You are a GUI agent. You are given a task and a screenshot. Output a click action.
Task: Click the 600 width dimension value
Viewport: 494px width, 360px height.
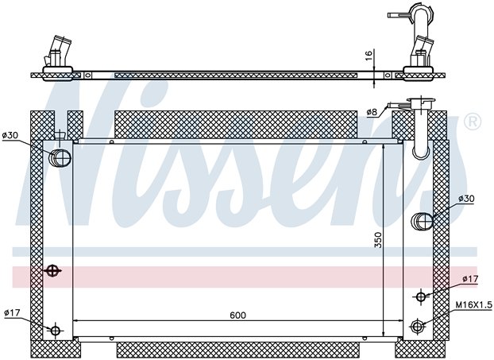(237, 315)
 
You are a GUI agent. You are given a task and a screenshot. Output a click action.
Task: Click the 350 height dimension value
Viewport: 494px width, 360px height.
(378, 240)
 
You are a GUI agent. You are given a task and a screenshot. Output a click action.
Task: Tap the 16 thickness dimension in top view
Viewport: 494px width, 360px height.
(369, 55)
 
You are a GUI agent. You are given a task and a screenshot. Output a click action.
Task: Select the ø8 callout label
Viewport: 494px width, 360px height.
(372, 112)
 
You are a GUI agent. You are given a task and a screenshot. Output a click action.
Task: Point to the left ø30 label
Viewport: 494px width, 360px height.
(10, 135)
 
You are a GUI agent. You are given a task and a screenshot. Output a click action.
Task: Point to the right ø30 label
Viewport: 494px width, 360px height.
(466, 199)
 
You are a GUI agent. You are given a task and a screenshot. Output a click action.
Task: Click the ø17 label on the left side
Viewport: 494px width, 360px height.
(12, 312)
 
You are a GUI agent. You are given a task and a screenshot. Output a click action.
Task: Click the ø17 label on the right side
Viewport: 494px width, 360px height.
(470, 279)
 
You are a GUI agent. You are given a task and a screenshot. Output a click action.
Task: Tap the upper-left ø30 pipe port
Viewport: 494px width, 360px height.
(60, 157)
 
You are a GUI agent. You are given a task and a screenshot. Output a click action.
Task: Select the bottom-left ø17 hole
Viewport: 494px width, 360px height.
(56, 331)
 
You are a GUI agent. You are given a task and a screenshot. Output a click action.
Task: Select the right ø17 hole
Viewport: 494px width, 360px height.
(421, 296)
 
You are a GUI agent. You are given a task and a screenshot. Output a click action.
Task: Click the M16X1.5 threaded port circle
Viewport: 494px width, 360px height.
(417, 326)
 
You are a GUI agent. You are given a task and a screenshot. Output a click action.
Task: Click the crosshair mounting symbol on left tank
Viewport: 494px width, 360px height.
(52, 270)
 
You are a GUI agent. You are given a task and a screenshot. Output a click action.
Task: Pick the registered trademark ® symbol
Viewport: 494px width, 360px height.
(473, 121)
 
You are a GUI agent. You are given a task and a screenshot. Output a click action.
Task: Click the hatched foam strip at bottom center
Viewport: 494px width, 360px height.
(237, 350)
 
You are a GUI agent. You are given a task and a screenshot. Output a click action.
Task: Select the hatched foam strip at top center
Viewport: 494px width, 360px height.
(236, 124)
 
